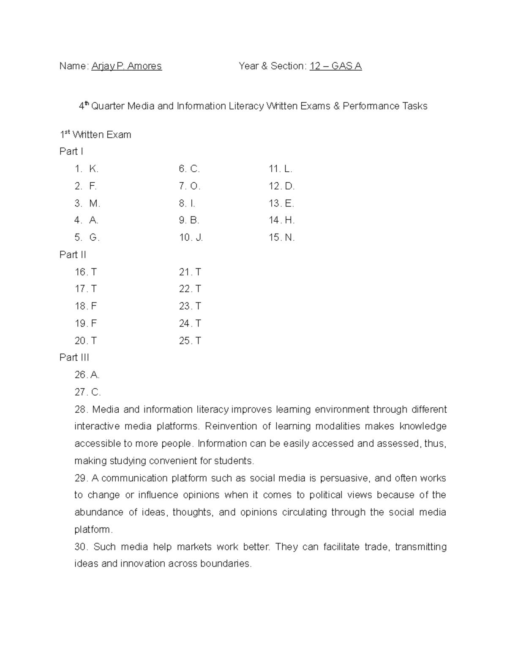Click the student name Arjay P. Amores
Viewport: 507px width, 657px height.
click(x=126, y=66)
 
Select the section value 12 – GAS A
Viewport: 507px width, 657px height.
click(x=335, y=66)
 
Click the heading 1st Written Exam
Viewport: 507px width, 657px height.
click(x=95, y=135)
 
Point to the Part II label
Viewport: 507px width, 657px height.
click(x=73, y=255)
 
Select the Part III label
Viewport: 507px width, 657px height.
click(x=74, y=357)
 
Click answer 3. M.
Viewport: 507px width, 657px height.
click(x=87, y=203)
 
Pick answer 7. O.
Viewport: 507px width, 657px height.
click(x=189, y=186)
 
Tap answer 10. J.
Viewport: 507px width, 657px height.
click(x=191, y=238)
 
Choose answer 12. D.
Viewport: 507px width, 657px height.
click(x=281, y=186)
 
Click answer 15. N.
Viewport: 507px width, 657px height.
click(x=281, y=238)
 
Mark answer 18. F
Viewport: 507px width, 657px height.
click(x=86, y=306)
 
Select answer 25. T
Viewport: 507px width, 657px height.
click(x=190, y=341)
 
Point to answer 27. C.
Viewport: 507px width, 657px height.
click(x=87, y=392)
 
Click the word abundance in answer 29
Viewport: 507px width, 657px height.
click(x=99, y=512)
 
